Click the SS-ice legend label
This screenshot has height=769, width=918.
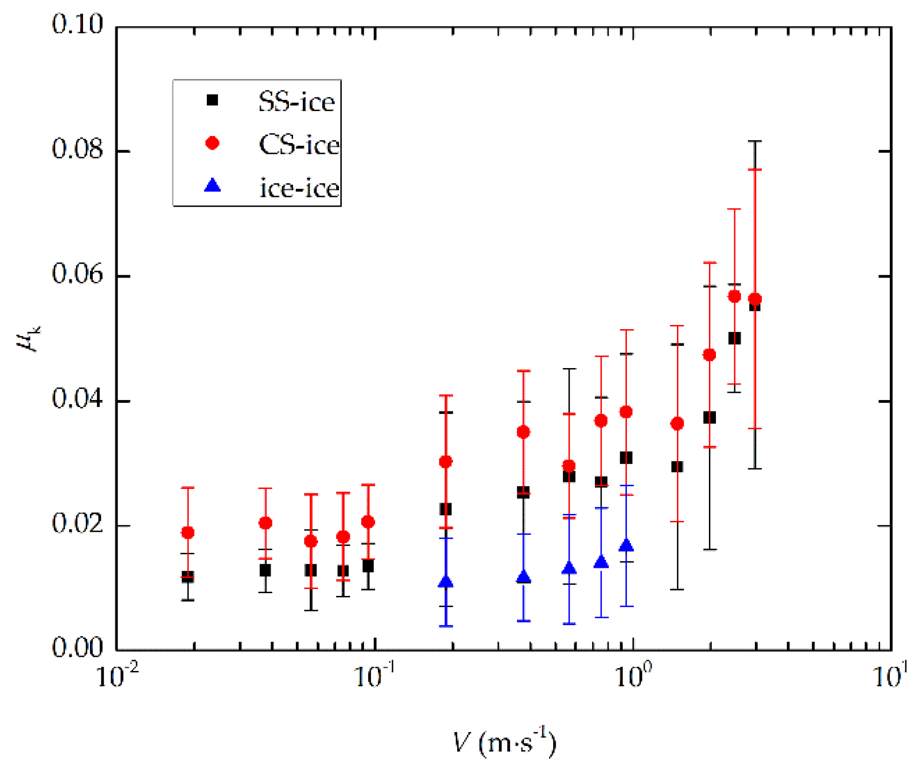[x=296, y=102]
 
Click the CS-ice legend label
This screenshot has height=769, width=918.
[x=299, y=145]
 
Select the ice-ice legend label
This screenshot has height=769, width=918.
[x=299, y=188]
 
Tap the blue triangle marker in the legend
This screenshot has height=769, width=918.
[x=212, y=186]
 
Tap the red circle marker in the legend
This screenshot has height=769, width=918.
[x=212, y=143]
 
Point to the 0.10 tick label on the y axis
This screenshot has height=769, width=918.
[x=77, y=24]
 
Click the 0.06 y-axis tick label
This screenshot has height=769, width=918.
[x=77, y=274]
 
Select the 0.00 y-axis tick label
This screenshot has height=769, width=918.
[x=77, y=648]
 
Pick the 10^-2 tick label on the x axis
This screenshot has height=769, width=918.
[x=117, y=677]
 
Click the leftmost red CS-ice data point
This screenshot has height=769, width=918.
[x=188, y=533]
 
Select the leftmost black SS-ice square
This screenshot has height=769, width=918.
[x=188, y=577]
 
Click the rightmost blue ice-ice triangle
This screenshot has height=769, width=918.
[x=626, y=545]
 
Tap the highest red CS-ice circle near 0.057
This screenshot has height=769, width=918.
[x=734, y=296]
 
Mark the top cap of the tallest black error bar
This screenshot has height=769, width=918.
[x=755, y=141]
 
